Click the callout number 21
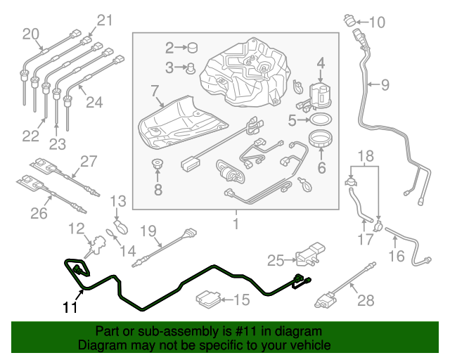(104, 20)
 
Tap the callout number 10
(377, 22)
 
